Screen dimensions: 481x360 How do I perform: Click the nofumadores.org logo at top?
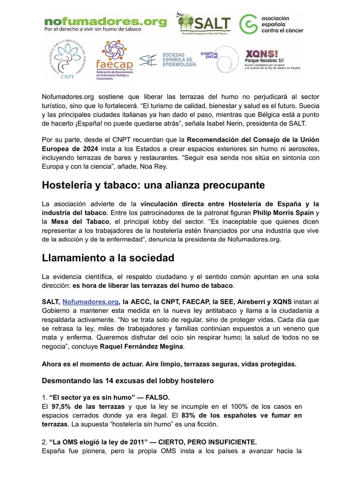pyautogui.click(x=105, y=24)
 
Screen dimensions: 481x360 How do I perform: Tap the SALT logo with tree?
pyautogui.click(x=203, y=23)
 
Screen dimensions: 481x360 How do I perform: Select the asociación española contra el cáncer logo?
pyautogui.click(x=271, y=24)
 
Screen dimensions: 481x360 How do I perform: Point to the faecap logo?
pyautogui.click(x=114, y=60)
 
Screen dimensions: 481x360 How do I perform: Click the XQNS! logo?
pyautogui.click(x=272, y=59)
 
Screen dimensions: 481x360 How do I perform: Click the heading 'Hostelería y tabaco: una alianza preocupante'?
pyautogui.click(x=153, y=185)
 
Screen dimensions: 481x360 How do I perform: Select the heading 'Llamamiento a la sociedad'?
pyautogui.click(x=108, y=258)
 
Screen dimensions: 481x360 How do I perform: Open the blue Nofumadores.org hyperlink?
pyautogui.click(x=90, y=302)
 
